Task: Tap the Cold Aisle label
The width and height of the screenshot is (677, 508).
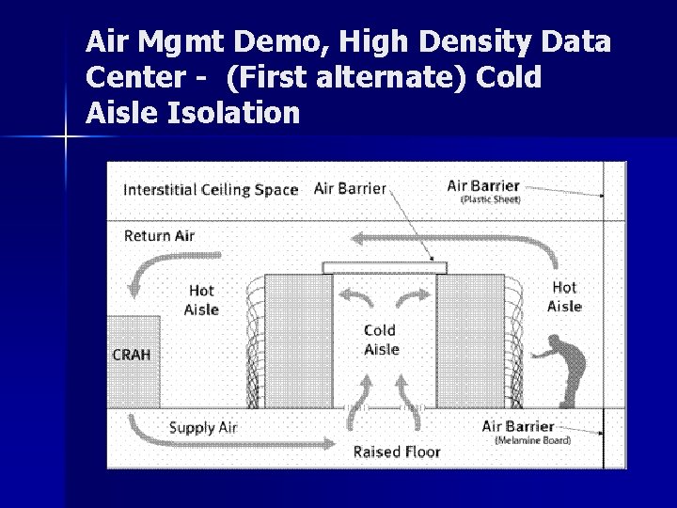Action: (381, 340)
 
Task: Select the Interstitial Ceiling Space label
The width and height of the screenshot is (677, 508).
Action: (211, 189)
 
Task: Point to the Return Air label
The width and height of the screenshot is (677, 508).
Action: (159, 235)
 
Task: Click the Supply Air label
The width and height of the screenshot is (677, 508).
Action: (203, 428)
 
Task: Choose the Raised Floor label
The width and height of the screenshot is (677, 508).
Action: (396, 452)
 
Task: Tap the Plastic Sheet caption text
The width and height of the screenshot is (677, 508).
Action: (490, 200)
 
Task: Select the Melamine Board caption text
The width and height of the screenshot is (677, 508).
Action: (532, 440)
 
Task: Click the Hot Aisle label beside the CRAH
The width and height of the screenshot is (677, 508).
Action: (201, 300)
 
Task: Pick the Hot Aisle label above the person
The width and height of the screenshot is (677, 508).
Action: (564, 296)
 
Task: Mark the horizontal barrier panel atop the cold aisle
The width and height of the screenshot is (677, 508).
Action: (383, 267)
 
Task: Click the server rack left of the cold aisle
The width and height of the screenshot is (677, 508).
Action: (298, 341)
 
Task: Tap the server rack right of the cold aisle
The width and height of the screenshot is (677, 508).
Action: (470, 341)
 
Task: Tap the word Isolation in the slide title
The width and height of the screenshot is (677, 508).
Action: (233, 114)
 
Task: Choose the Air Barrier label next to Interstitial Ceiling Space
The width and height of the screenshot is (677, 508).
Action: (350, 188)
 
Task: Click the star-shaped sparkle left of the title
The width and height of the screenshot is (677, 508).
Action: (66, 137)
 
